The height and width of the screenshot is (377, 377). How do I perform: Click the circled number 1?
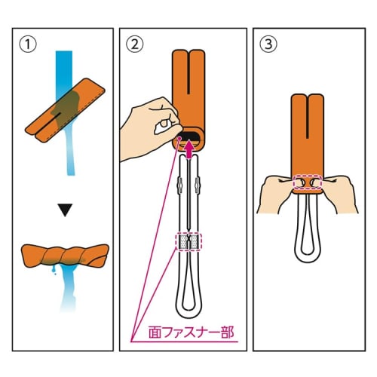[x=28, y=44]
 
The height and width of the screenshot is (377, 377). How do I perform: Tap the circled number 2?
[x=135, y=44]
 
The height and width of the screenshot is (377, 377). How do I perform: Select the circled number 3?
[x=268, y=44]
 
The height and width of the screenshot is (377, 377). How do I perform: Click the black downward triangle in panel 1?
[x=65, y=210]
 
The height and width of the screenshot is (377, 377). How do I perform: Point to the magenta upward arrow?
[x=188, y=150]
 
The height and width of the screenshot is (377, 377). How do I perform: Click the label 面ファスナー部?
[x=192, y=333]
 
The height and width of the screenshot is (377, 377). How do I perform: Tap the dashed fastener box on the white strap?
[x=188, y=242]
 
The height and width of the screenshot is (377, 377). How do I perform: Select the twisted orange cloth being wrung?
[x=66, y=256]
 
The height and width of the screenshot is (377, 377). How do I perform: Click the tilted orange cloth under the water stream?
[x=65, y=110]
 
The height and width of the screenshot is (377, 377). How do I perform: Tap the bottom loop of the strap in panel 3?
[x=308, y=257]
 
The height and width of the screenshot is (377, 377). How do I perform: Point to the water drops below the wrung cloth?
[x=54, y=271]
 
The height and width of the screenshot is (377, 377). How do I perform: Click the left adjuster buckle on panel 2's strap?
[x=179, y=185]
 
